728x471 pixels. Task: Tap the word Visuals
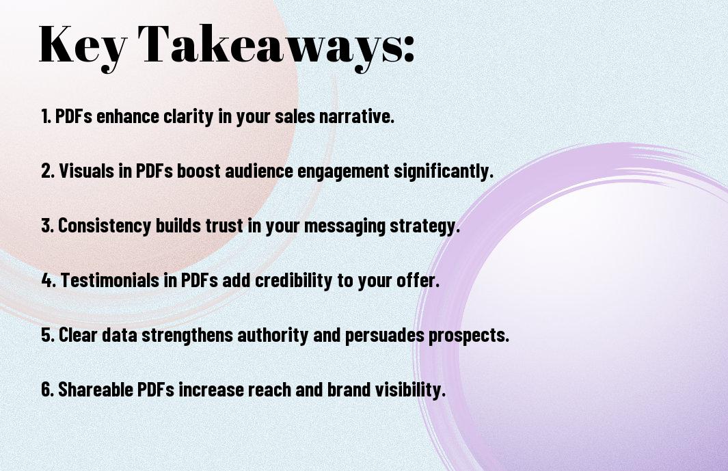pyautogui.click(x=87, y=171)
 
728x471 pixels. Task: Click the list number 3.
pyautogui.click(x=47, y=226)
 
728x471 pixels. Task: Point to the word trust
pyautogui.click(x=224, y=226)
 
